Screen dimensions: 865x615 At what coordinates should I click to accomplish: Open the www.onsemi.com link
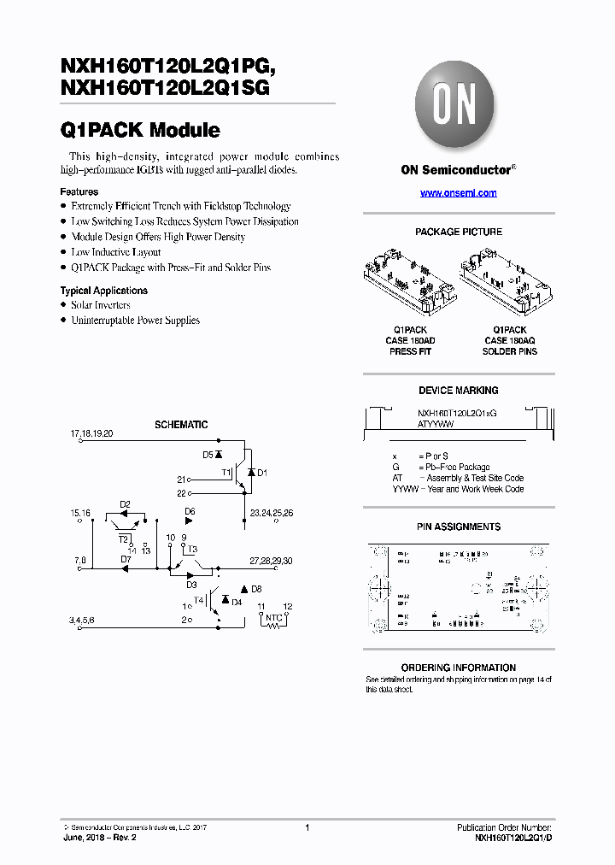(x=458, y=193)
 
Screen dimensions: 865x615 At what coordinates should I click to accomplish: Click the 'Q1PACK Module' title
(x=140, y=131)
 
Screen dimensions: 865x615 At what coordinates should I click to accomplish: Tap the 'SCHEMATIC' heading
(x=180, y=425)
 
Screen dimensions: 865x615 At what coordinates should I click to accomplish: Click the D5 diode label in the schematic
(x=207, y=456)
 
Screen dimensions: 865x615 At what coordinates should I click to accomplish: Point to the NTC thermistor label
(x=273, y=617)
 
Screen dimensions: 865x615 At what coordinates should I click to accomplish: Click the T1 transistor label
(x=226, y=472)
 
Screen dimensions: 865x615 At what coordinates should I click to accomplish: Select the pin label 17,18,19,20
(x=91, y=434)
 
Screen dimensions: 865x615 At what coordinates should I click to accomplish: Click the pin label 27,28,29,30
(x=271, y=560)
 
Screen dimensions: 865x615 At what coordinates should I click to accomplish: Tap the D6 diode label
(x=190, y=512)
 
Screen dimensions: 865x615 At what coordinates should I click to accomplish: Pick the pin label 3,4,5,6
(x=83, y=619)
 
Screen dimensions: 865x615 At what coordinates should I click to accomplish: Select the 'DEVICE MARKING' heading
(x=458, y=391)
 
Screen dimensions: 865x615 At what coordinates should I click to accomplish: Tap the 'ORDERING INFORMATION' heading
(x=458, y=668)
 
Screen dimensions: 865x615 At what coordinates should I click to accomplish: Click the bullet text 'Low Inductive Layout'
(x=115, y=252)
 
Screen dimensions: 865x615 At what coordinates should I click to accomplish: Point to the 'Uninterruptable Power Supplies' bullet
(x=135, y=321)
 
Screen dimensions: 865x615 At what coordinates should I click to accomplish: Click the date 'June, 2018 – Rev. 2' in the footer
(x=100, y=838)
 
